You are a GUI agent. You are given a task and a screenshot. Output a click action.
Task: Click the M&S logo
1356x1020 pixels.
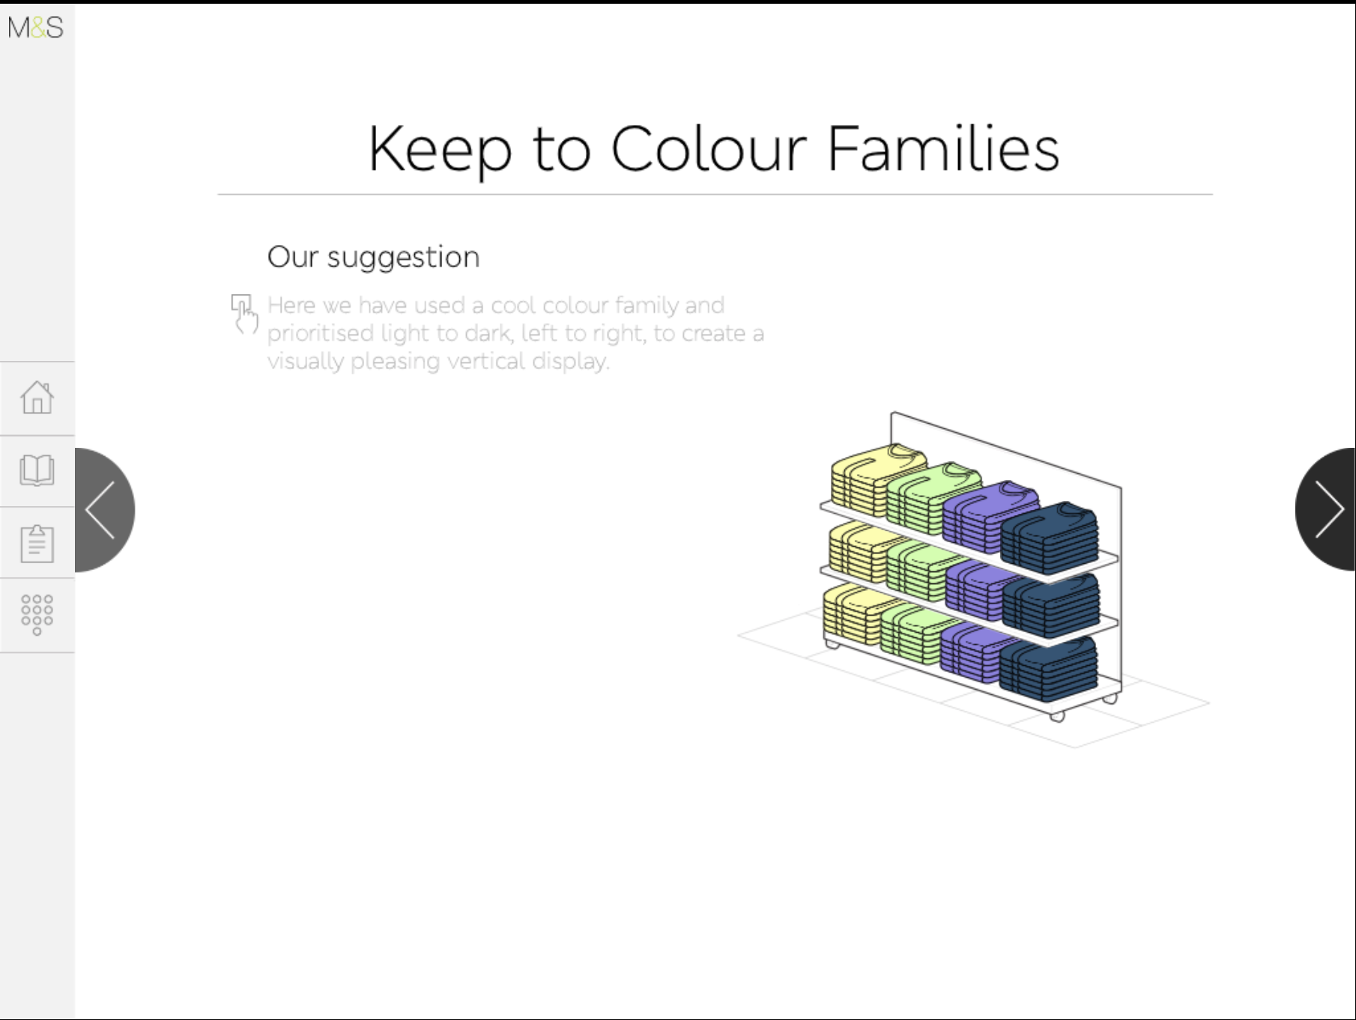(35, 28)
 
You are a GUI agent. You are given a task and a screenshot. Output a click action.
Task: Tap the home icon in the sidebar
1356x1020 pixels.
(37, 397)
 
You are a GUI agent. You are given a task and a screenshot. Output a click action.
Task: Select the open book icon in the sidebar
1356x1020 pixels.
(37, 470)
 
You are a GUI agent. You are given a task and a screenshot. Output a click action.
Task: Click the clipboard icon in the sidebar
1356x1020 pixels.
(37, 543)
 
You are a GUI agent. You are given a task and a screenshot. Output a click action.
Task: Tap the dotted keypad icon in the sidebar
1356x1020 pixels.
(37, 615)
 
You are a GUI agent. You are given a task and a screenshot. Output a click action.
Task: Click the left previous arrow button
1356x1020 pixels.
(104, 510)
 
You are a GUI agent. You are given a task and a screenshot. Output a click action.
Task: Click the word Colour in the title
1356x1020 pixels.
(709, 149)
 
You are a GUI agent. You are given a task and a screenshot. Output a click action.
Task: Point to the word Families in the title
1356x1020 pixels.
(943, 148)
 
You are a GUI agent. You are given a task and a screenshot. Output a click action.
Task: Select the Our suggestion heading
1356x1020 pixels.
(373, 257)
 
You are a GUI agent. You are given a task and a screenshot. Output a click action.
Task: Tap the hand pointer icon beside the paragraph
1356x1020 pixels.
(244, 314)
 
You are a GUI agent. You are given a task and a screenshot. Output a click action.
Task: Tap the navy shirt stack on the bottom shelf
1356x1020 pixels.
(1049, 667)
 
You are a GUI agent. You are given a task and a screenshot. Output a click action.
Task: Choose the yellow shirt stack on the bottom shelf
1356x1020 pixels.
(854, 614)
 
